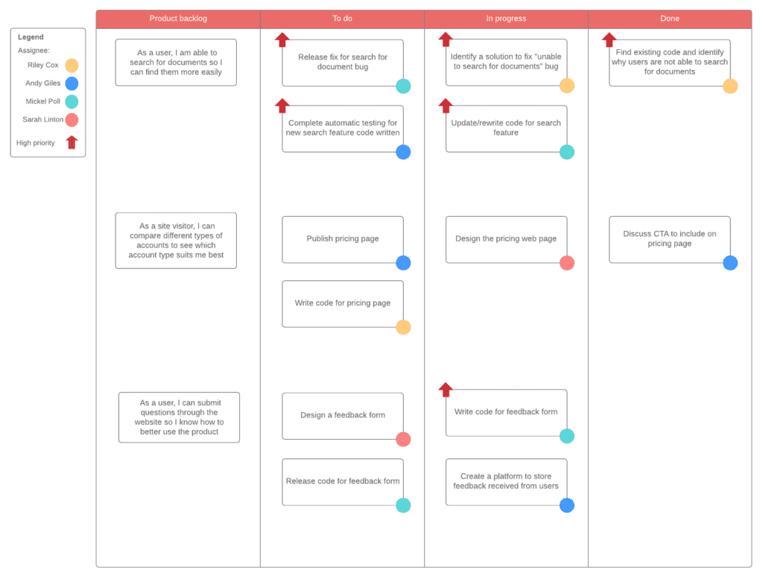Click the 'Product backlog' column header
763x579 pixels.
pyautogui.click(x=178, y=19)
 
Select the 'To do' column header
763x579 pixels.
pyautogui.click(x=342, y=19)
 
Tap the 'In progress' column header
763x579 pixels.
pyautogui.click(x=506, y=19)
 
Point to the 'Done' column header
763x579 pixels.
pyautogui.click(x=670, y=19)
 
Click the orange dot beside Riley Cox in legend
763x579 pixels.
pyautogui.click(x=72, y=65)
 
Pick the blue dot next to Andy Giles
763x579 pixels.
pyautogui.click(x=72, y=83)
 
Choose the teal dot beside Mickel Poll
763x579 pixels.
pyautogui.click(x=72, y=101)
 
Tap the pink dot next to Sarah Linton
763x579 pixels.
pyautogui.click(x=72, y=120)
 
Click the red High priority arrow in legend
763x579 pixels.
pyautogui.click(x=72, y=142)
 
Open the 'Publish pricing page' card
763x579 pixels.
pyautogui.click(x=343, y=239)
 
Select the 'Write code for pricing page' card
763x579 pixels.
pyautogui.click(x=343, y=303)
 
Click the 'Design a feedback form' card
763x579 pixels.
pyautogui.click(x=343, y=416)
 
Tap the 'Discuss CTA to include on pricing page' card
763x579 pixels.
pyautogui.click(x=670, y=239)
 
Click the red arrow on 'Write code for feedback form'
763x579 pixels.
pyautogui.click(x=446, y=390)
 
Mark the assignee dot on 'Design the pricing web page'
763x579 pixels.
pyautogui.click(x=567, y=263)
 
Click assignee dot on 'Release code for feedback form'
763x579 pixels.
pyautogui.click(x=403, y=505)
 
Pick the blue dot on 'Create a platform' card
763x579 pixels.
pyautogui.click(x=567, y=505)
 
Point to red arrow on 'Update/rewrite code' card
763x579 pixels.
pyautogui.click(x=446, y=106)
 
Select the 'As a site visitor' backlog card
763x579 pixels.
pyautogui.click(x=176, y=241)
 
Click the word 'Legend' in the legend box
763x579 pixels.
pyautogui.click(x=31, y=37)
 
